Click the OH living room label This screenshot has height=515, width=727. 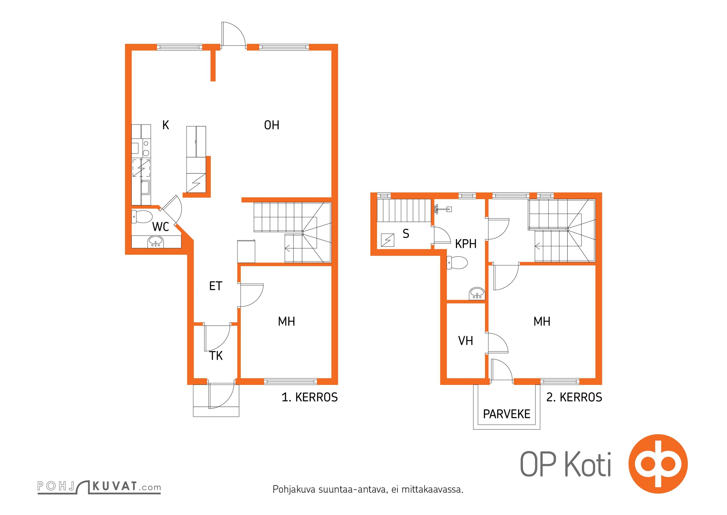point(272,125)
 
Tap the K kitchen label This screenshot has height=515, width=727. point(166,125)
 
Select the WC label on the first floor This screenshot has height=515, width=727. point(160,227)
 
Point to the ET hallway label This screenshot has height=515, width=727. point(216,286)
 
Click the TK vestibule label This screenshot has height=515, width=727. point(216,356)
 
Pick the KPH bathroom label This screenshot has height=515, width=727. point(466,244)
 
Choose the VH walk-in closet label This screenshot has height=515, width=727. point(466,341)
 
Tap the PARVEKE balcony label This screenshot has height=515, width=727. point(507,414)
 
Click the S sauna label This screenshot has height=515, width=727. point(406,234)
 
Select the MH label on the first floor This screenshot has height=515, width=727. point(286,321)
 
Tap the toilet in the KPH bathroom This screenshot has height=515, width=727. point(457,263)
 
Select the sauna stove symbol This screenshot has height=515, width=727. point(388,240)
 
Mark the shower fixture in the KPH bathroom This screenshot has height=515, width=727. point(443,209)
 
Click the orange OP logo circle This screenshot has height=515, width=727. point(658,464)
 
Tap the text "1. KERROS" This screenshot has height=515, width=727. point(310,398)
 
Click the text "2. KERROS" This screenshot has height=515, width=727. point(574,398)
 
